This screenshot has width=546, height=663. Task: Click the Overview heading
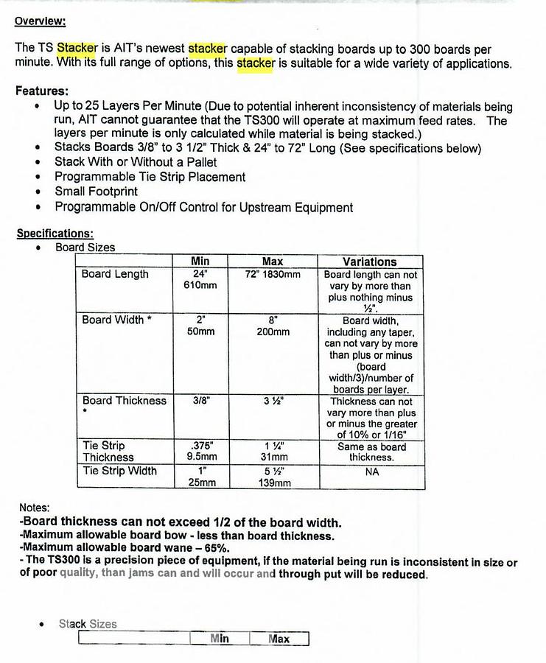point(40,21)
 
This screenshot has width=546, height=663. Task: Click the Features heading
point(42,91)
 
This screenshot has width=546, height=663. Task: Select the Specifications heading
point(55,234)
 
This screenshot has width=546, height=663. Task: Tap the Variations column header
point(370,262)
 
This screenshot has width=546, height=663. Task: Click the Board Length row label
point(115,274)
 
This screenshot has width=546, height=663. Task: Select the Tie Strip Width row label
point(119,471)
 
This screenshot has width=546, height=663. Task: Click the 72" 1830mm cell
point(272,274)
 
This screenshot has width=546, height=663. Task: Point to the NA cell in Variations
point(371,471)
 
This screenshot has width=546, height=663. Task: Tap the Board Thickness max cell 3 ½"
point(272,401)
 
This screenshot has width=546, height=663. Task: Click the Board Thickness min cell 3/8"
point(200,401)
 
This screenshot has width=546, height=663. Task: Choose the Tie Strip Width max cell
point(272,477)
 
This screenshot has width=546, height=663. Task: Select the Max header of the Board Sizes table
point(272,262)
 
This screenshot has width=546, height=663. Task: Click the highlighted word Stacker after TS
point(77,49)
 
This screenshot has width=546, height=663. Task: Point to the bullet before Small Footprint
point(38,192)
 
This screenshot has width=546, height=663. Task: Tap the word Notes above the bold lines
point(35,508)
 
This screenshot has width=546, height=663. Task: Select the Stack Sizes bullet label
point(88,624)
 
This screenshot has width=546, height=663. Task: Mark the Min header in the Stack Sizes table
point(220,639)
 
